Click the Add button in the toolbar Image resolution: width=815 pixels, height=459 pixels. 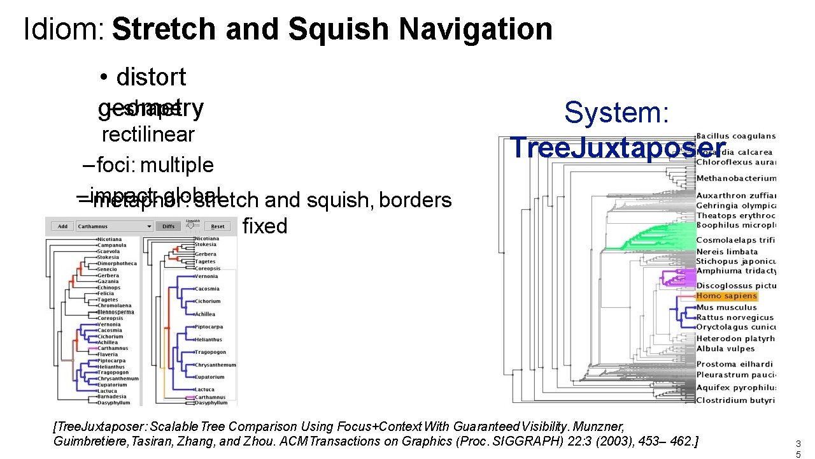62,226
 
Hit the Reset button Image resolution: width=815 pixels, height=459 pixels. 218,226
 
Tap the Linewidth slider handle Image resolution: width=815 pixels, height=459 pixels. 190,225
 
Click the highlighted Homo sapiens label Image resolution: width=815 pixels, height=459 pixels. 726,296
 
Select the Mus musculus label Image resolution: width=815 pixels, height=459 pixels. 726,307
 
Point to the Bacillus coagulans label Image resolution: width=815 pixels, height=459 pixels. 735,136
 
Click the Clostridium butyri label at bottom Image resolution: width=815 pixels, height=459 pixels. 735,400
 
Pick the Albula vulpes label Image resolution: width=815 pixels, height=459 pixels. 725,349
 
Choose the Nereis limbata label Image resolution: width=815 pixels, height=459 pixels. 726,252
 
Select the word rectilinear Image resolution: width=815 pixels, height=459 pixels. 148,135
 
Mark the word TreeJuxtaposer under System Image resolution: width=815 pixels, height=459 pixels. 618,148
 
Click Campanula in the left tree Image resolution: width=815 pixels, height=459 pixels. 112,245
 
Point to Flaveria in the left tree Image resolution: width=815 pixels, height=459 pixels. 108,354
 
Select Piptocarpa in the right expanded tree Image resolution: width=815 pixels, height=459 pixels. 208,327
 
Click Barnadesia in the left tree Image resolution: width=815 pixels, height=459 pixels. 112,397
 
